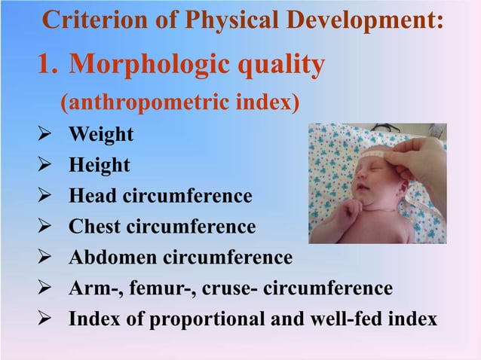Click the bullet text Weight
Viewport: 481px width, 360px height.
(x=101, y=135)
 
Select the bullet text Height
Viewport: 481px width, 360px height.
(x=100, y=165)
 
